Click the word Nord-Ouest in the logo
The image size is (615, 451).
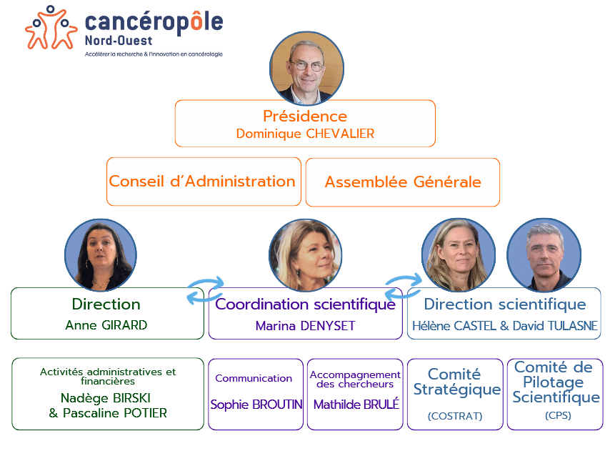click(119, 41)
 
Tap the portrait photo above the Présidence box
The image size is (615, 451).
click(306, 69)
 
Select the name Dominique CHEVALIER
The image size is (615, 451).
click(305, 134)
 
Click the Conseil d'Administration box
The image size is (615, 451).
click(204, 182)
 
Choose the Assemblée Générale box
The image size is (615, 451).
click(403, 182)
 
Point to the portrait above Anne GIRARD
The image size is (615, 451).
click(101, 255)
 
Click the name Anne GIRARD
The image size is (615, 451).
click(106, 325)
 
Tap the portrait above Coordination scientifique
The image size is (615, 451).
click(305, 255)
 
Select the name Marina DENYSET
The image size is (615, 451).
click(305, 326)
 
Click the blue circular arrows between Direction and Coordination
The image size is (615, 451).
click(205, 291)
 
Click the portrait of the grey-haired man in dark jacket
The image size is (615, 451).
click(544, 255)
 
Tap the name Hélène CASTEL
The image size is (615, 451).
click(454, 326)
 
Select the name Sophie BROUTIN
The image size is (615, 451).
click(256, 405)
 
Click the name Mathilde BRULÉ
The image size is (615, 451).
click(356, 405)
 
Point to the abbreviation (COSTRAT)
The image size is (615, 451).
click(455, 416)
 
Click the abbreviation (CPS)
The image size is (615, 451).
click(558, 415)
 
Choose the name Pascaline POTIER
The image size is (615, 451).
click(115, 413)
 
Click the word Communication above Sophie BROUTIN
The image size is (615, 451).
click(254, 378)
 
